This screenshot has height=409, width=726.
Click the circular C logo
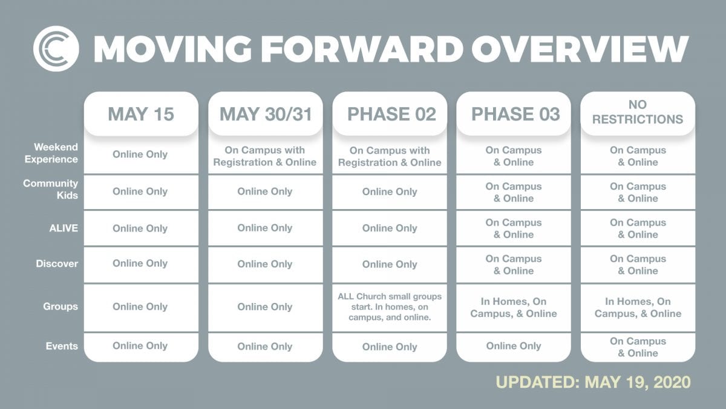tap(56, 48)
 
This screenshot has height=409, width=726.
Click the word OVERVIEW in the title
tap(580, 49)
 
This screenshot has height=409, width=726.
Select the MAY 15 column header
tap(141, 114)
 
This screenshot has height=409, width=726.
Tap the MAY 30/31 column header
tap(266, 114)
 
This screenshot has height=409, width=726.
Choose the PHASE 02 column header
tap(390, 114)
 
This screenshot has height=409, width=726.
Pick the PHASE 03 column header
tap(514, 114)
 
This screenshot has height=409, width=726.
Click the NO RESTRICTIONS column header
tap(638, 112)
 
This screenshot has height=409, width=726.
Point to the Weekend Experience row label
tap(51, 153)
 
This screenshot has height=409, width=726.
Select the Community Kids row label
tap(51, 189)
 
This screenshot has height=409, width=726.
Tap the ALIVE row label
tap(64, 228)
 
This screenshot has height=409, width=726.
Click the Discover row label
tap(57, 264)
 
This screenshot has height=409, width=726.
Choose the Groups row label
tap(60, 307)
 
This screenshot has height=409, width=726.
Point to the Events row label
tap(62, 346)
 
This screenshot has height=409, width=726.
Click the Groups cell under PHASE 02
tap(390, 307)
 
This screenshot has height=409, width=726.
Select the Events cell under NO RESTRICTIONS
tap(638, 347)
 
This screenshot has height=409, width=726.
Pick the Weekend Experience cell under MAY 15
tap(141, 155)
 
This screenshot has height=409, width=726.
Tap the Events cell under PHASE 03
tap(514, 347)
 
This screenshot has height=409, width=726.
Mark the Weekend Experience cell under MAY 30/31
tap(266, 156)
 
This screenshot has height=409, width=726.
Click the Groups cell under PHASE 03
tap(514, 307)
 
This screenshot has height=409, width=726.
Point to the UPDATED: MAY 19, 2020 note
tap(593, 382)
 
